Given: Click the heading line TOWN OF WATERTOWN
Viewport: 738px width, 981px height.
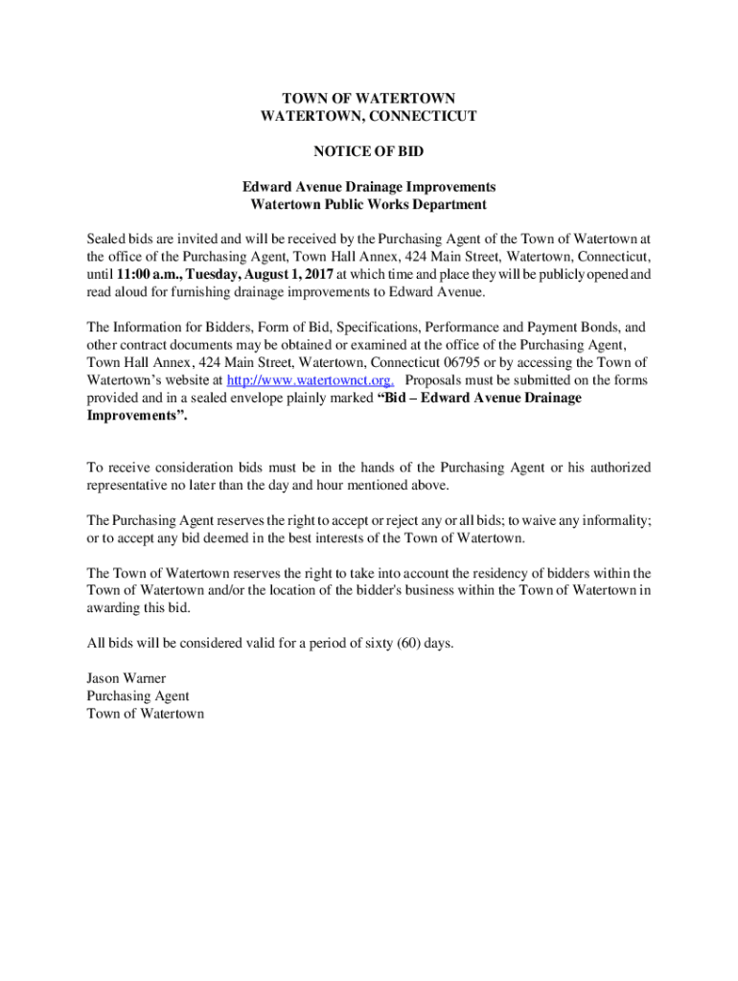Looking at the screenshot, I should (x=369, y=98).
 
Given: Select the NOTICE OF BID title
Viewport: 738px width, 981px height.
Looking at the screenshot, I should (x=369, y=151).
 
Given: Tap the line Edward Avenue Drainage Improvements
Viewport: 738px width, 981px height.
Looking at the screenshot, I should (x=369, y=187).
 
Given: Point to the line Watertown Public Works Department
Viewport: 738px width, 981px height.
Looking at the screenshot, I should (x=369, y=204).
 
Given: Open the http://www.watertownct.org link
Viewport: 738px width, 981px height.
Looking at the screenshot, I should (x=310, y=379).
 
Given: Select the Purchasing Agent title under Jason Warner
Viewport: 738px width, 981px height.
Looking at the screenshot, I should (x=138, y=696).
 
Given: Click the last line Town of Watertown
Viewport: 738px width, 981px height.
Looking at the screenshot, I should (x=145, y=714).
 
